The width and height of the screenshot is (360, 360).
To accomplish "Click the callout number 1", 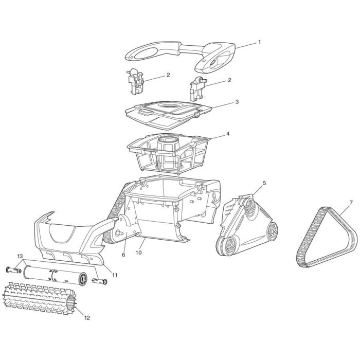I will click(259, 42).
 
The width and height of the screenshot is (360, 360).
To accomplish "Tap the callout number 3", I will click(237, 102).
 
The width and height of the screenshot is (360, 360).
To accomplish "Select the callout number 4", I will click(227, 134).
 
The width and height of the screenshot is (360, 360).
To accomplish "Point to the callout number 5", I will click(264, 183).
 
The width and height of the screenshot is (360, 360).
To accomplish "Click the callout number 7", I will click(351, 203).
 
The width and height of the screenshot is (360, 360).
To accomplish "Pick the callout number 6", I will click(124, 255).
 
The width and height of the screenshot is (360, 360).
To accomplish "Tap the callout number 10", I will click(139, 253).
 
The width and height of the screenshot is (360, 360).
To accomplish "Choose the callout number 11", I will click(115, 275).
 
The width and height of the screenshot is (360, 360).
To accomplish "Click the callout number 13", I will click(20, 256).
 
